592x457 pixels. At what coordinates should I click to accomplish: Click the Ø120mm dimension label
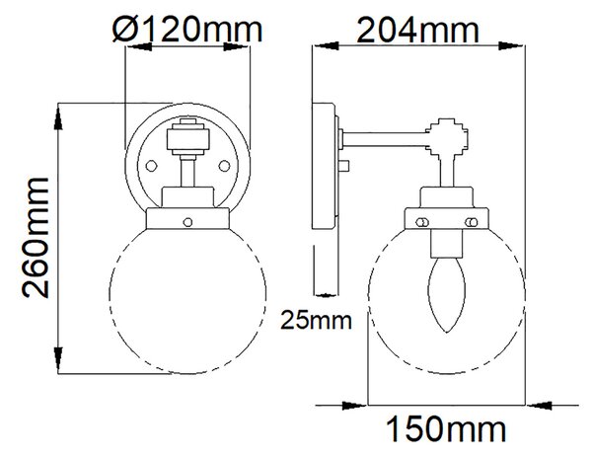[187, 29]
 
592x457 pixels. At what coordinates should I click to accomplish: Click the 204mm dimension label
[417, 30]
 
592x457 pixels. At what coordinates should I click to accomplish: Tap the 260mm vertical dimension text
[36, 238]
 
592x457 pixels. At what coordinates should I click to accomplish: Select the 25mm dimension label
[316, 320]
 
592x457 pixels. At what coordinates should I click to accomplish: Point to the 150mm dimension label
[446, 428]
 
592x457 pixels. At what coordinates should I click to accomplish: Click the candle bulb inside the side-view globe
[447, 294]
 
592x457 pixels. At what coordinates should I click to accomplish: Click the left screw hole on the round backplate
[151, 166]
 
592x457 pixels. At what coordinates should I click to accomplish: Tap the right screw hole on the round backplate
[224, 166]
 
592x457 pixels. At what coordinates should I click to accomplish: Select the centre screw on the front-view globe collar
[187, 222]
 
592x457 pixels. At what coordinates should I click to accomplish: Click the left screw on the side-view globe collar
[422, 222]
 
